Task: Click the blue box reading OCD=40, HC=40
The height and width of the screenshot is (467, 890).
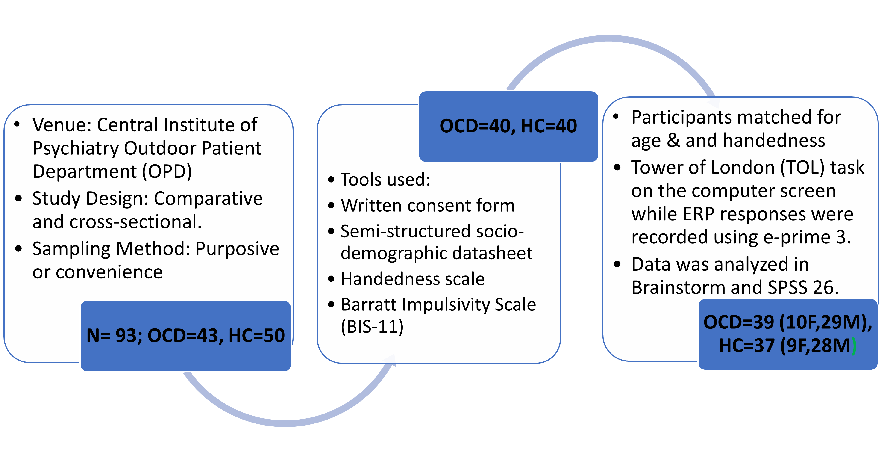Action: point(508,126)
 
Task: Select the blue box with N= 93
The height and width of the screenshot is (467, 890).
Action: point(185,336)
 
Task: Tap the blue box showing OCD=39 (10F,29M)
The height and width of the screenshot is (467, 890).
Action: point(788,334)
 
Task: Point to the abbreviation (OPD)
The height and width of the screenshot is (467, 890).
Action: point(167,172)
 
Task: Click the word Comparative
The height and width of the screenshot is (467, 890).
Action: point(208,199)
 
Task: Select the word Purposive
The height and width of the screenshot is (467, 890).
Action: point(237,249)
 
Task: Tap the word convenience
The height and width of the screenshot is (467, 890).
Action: point(109,272)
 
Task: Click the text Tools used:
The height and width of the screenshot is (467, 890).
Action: point(386,180)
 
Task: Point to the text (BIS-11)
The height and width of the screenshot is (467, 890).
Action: point(372,327)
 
